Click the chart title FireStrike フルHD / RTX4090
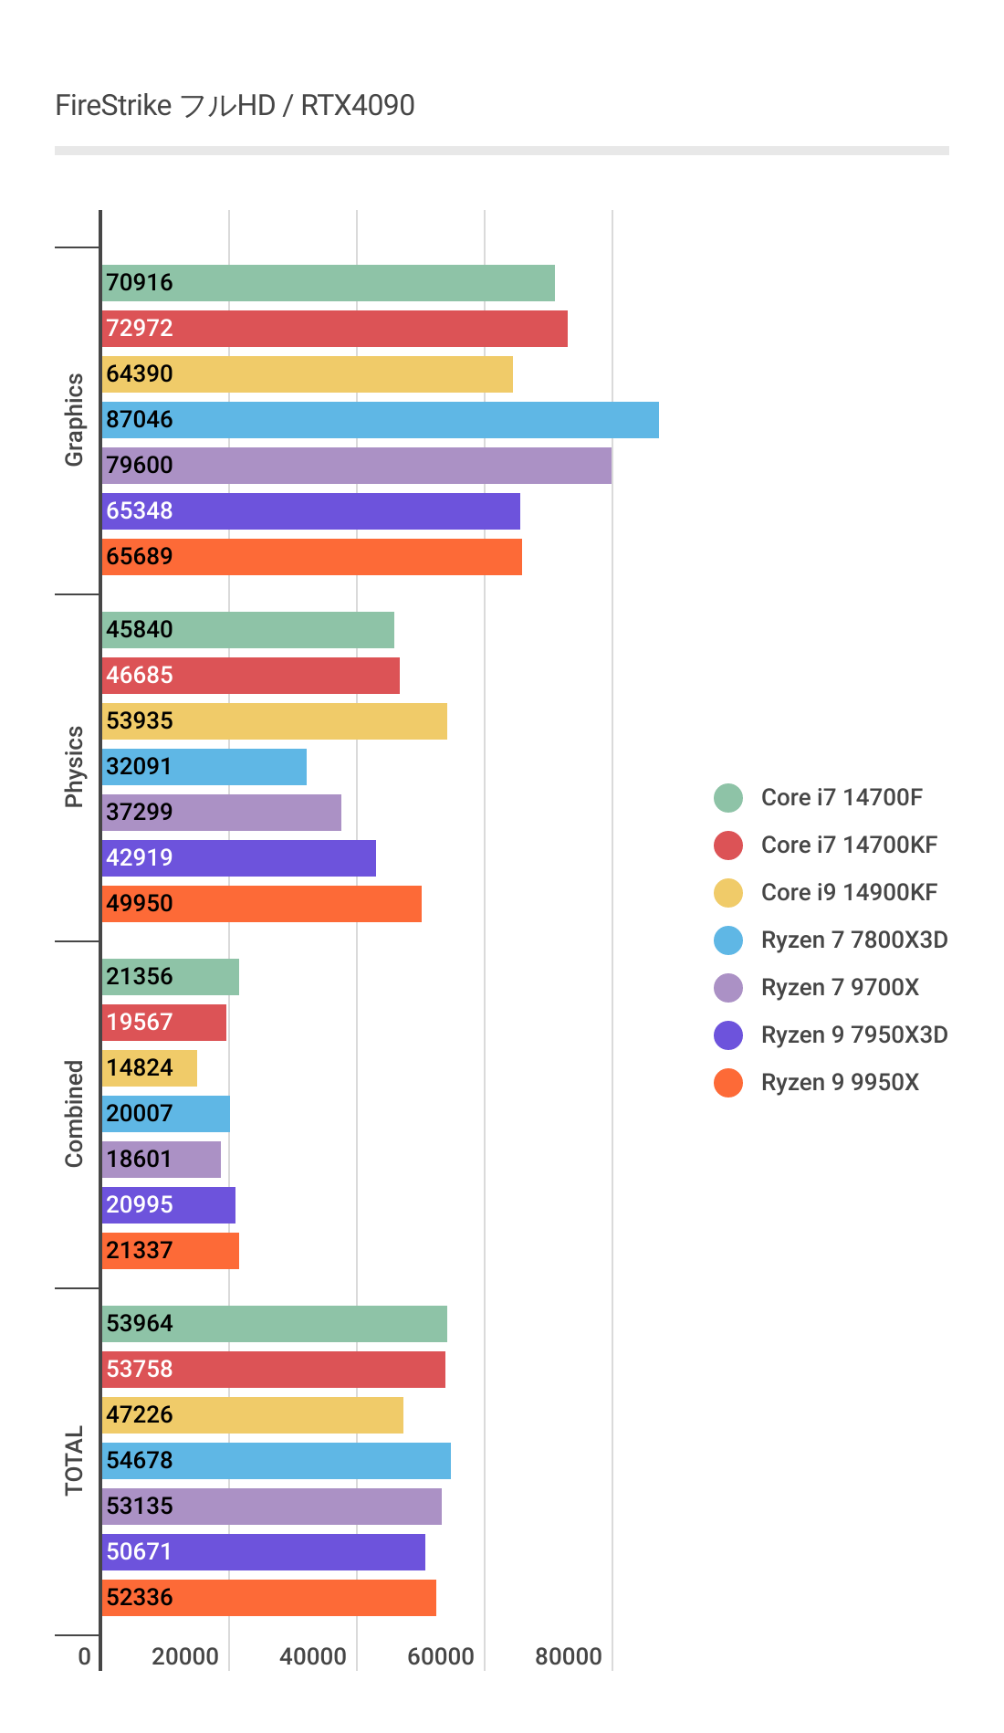235,106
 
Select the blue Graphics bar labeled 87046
380,420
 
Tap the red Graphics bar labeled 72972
334,329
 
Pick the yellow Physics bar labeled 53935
274,721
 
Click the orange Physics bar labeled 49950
261,904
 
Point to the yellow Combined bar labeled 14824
149,1068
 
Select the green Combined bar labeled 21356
170,977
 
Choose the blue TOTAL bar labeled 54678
276,1461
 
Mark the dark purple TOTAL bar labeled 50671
263,1552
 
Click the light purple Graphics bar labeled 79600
356,466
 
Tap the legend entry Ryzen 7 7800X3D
853,940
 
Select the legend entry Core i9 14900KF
849,893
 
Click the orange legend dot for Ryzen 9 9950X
728,1083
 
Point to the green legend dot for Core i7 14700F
728,798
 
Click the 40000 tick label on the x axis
313,1656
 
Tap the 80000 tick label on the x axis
569,1656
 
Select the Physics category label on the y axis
74,767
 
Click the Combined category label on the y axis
74,1114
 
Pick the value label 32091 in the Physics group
139,767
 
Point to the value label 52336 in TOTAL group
139,1598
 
